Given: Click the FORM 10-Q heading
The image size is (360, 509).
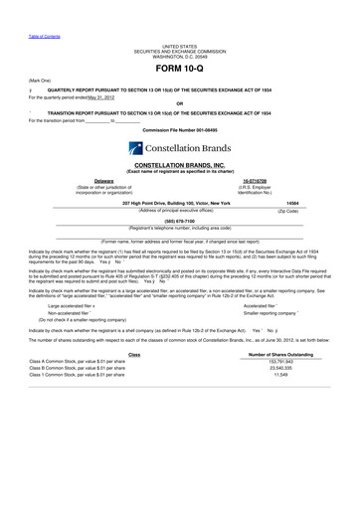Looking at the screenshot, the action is [x=179, y=70].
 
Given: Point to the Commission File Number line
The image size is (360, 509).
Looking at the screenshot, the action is [x=180, y=129].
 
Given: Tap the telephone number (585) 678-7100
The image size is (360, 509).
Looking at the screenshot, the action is [x=180, y=222].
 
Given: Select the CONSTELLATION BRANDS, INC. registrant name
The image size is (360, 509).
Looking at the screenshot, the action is [x=180, y=165].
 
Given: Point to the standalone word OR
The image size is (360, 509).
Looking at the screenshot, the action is [x=180, y=104].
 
